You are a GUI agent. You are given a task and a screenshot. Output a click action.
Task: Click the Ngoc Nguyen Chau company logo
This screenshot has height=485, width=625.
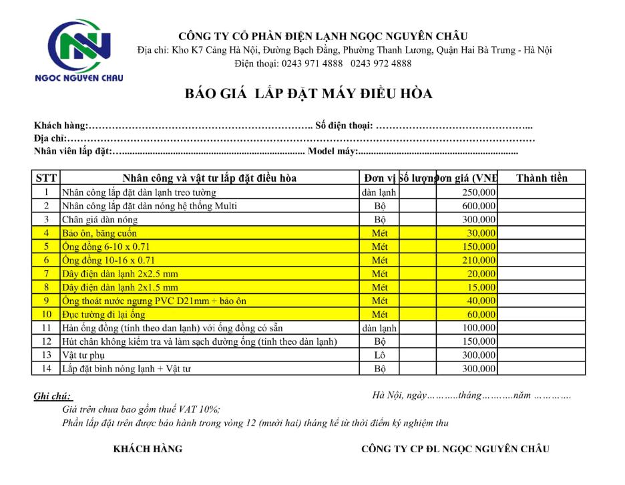tap(79, 50)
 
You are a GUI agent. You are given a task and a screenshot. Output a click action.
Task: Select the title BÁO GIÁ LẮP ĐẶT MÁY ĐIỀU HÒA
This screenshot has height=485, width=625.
tap(308, 94)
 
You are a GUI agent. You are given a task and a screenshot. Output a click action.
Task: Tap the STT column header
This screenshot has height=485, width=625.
tap(46, 178)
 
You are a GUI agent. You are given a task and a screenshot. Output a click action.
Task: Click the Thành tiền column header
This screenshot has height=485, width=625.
tap(541, 178)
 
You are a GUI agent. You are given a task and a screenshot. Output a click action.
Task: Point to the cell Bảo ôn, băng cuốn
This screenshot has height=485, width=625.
tap(99, 233)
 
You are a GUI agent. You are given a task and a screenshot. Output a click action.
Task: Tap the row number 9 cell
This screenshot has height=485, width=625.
tap(46, 301)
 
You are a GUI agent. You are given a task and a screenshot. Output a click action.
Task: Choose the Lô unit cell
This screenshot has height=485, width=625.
tap(380, 355)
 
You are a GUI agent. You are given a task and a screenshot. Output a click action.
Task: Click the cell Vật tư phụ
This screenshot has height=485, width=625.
tap(86, 355)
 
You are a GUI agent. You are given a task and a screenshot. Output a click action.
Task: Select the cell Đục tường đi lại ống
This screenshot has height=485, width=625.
tap(103, 314)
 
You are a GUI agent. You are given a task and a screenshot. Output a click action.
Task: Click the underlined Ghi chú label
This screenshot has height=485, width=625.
tap(53, 396)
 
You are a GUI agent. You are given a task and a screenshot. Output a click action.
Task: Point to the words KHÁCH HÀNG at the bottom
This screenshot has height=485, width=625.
tap(148, 449)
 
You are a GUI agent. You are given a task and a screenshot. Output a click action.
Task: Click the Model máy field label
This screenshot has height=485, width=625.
tap(333, 151)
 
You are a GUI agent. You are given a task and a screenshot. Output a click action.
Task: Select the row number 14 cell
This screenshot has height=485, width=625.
tap(46, 368)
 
